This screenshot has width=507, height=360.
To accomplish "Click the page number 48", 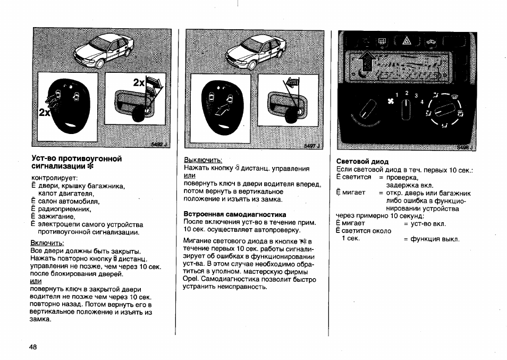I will pyautogui.click(x=33, y=347).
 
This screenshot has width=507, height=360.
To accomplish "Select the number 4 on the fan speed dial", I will pyautogui.click(x=422, y=101).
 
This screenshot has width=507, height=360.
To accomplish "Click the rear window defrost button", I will pyautogui.click(x=382, y=41).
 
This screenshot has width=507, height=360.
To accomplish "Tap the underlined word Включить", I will pyautogui.click(x=47, y=242).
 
